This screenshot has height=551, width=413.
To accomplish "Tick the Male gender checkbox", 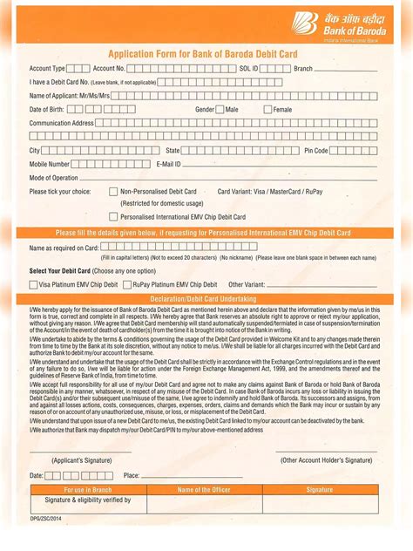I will [x=220, y=110].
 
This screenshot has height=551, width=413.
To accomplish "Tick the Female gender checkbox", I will [x=267, y=110].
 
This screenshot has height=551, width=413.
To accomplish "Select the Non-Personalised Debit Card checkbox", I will [x=113, y=191].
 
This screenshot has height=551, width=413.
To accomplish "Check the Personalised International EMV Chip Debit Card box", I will [x=113, y=216].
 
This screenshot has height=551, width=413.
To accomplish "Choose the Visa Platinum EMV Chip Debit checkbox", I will [x=33, y=284].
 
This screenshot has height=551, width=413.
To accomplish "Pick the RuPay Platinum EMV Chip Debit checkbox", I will [x=126, y=284].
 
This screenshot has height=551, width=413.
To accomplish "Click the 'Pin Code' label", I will [x=315, y=151].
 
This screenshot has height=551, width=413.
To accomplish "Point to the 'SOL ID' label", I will [x=248, y=68].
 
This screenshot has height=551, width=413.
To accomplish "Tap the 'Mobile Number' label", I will [x=50, y=164].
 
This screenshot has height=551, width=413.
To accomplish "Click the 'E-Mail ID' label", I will [x=168, y=164].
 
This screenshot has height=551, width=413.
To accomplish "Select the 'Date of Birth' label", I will [x=47, y=110].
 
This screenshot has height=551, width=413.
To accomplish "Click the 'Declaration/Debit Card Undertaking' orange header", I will [x=206, y=299].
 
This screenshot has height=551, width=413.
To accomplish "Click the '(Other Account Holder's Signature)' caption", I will [x=326, y=459].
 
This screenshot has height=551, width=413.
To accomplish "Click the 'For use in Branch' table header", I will [x=89, y=490].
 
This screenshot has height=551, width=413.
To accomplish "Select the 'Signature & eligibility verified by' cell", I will [x=88, y=500].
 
